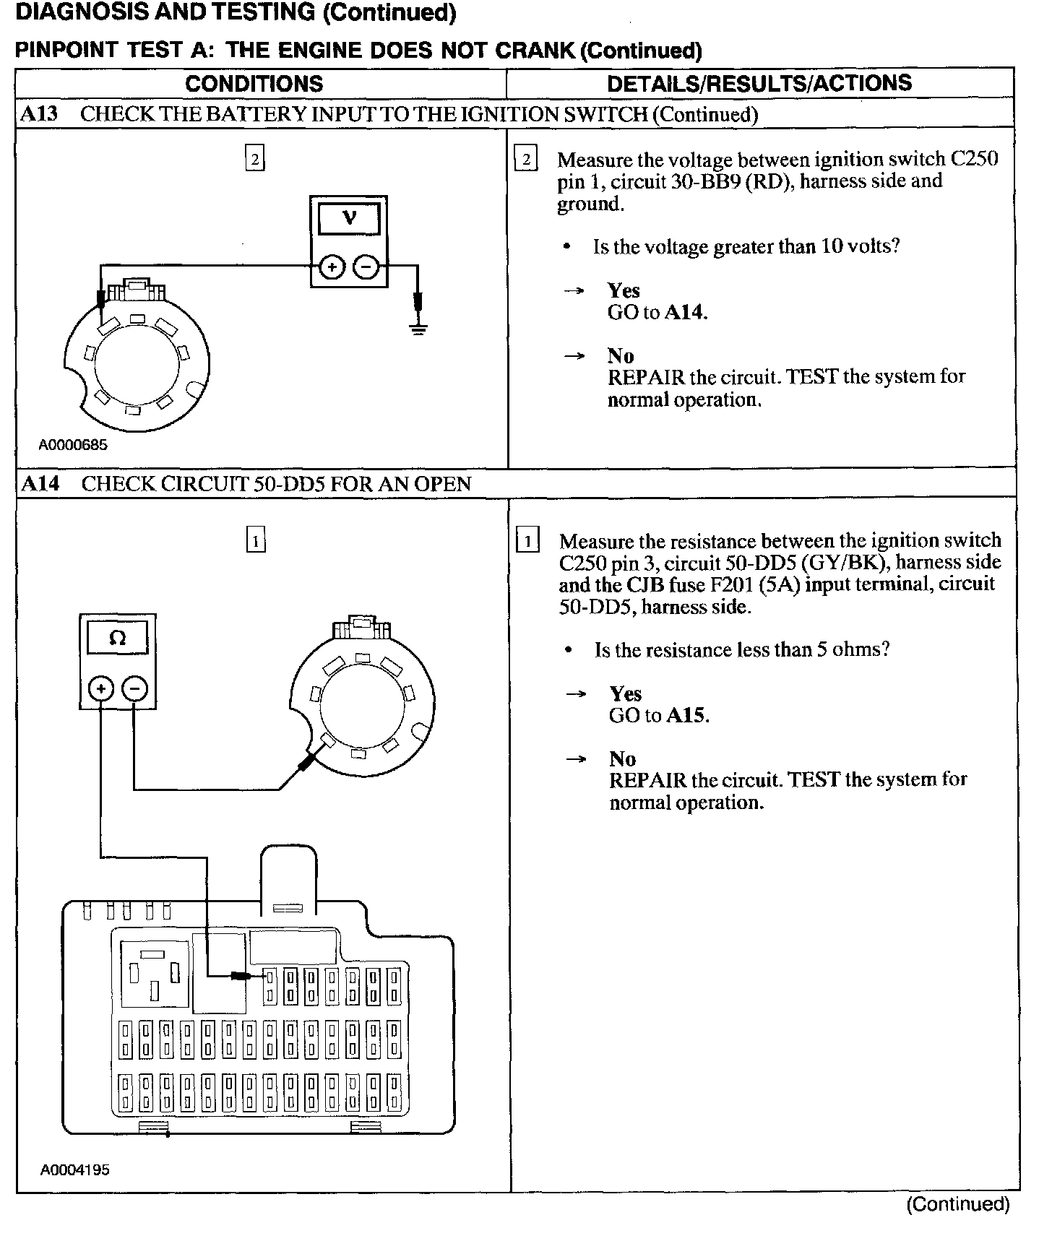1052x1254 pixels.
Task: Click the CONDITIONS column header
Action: (x=254, y=84)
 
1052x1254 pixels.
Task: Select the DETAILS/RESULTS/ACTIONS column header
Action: (x=759, y=84)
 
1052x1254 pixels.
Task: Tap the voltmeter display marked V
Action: (x=349, y=217)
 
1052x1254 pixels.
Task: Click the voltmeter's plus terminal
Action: (x=331, y=267)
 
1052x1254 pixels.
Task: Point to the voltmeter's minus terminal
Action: (x=366, y=267)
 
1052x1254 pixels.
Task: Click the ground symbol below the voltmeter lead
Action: (x=418, y=329)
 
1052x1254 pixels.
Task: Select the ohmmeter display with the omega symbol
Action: (x=117, y=639)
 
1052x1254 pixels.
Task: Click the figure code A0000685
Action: (x=72, y=445)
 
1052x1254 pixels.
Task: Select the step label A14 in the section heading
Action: (x=40, y=483)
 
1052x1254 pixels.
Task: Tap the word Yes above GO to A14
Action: (x=624, y=290)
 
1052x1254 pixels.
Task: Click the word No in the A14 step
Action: (x=622, y=758)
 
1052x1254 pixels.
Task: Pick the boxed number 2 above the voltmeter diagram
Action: (x=254, y=158)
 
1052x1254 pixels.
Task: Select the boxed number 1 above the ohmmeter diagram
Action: (x=256, y=540)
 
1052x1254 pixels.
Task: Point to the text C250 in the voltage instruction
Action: (x=971, y=159)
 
